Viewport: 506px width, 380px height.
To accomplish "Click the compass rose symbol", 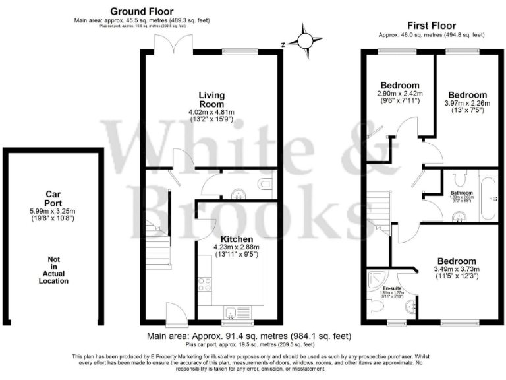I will pos(305,41).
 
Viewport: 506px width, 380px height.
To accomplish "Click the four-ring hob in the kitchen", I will pos(204,284).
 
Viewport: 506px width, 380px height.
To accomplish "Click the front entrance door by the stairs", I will pos(174,315).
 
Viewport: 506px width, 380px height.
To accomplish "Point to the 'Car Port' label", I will pos(53,199).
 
